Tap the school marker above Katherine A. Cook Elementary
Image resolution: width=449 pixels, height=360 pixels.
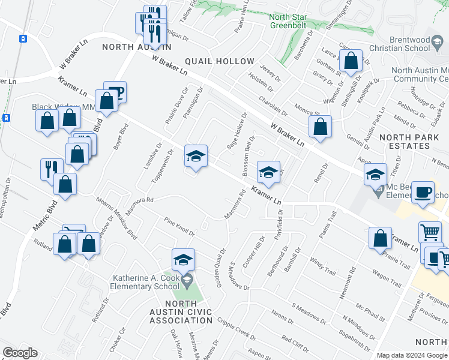pos(184,260)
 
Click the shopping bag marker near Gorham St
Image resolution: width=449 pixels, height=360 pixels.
pos(351,61)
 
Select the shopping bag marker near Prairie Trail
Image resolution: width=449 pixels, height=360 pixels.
pos(381,238)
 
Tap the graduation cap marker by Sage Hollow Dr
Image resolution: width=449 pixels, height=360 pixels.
pos(196,157)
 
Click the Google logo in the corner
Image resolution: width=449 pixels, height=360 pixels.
pos(20,353)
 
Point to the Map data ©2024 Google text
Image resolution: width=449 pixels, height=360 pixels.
pos(412,355)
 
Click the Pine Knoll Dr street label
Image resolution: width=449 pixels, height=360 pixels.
pos(179,228)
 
